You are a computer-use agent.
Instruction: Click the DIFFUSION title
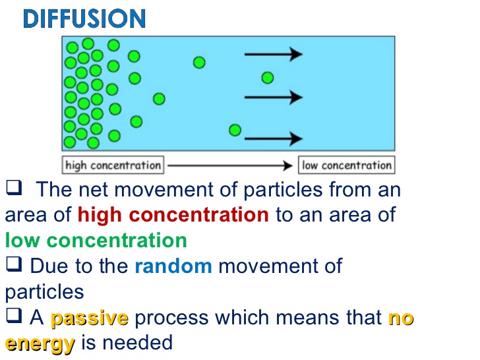tap(84, 18)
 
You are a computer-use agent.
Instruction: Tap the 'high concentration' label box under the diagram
tap(113, 165)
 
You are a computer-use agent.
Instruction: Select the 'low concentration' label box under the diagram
tap(347, 165)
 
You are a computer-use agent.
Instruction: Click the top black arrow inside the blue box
tap(274, 55)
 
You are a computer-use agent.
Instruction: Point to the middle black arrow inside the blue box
tap(274, 98)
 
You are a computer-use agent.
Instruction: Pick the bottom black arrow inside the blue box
tap(274, 138)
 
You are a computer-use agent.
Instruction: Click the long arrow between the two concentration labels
tap(230, 165)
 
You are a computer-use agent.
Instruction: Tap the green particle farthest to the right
tap(268, 78)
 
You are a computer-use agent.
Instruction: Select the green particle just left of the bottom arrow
tap(235, 130)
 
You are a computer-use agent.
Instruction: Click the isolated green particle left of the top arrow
tap(199, 63)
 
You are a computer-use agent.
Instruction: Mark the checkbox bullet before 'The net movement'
tap(14, 187)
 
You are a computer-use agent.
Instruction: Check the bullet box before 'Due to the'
tap(14, 264)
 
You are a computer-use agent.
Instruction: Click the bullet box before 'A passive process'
tap(14, 315)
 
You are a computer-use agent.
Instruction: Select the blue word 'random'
tap(173, 266)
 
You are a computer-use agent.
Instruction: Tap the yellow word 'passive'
tap(90, 318)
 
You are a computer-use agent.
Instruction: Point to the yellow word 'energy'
tap(40, 344)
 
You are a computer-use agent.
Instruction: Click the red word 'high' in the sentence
tap(100, 214)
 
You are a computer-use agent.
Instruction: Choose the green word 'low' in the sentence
tap(22, 240)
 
